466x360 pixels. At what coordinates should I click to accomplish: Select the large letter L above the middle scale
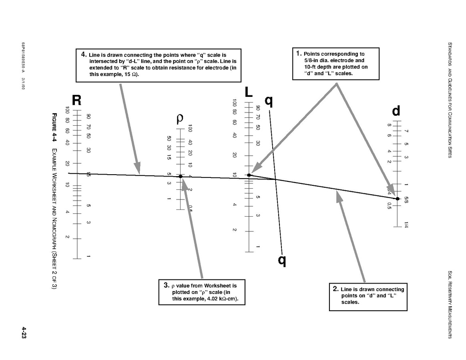tap(249, 92)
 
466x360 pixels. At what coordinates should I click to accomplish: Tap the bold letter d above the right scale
tap(396, 111)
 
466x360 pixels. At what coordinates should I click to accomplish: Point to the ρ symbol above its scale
tap(180, 119)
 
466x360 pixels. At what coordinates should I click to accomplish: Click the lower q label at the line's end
tap(282, 260)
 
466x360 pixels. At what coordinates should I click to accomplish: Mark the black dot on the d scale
tap(398, 199)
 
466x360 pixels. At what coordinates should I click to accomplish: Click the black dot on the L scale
tap(249, 175)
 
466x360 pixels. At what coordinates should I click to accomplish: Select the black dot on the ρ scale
tap(181, 176)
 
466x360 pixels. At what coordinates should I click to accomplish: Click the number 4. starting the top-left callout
tap(84, 54)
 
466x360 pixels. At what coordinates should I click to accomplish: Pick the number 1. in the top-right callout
tap(299, 53)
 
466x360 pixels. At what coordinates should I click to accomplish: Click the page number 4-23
tap(24, 333)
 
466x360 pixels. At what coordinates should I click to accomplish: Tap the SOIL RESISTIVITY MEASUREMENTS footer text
tap(450, 305)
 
